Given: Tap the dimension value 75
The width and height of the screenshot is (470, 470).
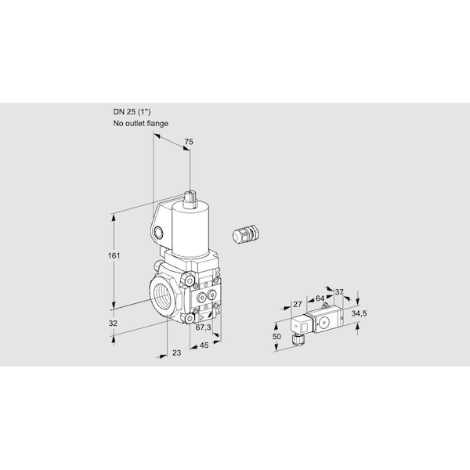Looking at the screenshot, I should (189, 142).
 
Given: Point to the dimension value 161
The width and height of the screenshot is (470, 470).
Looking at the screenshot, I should (114, 256).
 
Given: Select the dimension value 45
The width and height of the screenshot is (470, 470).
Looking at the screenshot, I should (204, 345).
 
